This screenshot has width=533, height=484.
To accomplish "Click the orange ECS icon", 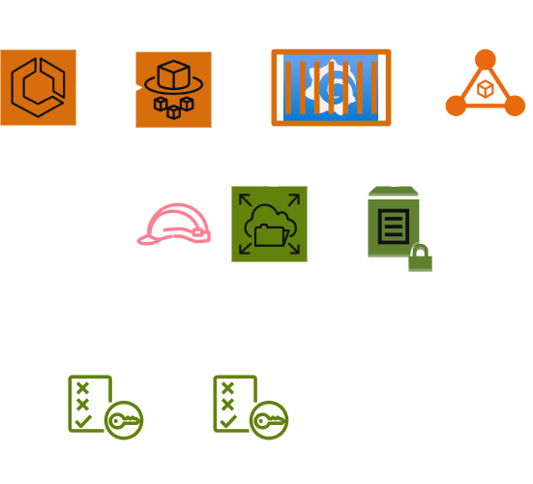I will tap(38, 88).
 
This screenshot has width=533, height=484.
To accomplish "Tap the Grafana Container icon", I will tap(331, 88).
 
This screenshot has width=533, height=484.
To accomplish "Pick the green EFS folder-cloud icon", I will tap(268, 224).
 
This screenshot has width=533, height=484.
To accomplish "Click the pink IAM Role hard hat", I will tap(173, 226).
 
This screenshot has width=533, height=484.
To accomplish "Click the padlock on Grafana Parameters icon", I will tap(420, 258).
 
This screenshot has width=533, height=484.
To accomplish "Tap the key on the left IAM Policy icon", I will tap(124, 421).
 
